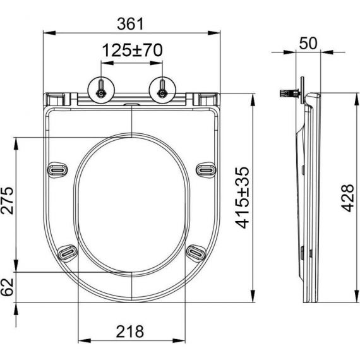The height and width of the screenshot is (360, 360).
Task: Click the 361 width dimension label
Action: point(130,23)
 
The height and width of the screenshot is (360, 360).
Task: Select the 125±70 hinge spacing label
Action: point(132,51)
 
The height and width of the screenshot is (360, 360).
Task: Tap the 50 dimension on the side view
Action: point(308,43)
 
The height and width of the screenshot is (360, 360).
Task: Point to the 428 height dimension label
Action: point(347,198)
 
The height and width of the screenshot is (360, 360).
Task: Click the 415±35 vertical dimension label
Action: point(243,198)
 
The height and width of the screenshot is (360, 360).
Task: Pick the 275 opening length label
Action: point(7,200)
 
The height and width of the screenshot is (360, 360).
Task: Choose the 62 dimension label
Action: point(7,287)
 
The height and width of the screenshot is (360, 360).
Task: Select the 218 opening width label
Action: point(130,332)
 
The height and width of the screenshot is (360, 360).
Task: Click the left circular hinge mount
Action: point(101,90)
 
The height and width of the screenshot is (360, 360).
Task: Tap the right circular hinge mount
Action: point(162,90)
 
